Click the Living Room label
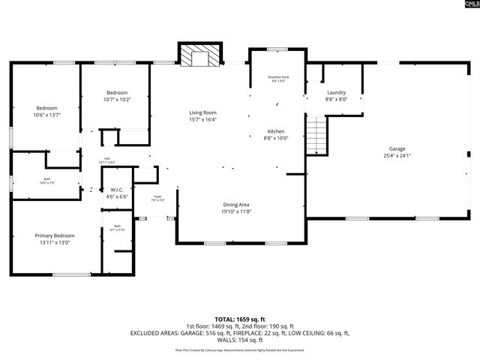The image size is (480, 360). (202, 112)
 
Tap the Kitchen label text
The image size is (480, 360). (275, 131)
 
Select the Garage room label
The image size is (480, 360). (397, 148)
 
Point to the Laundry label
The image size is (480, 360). (335, 92)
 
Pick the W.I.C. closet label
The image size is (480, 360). (116, 189)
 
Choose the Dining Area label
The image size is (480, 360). (235, 205)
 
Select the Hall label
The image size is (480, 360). (106, 158)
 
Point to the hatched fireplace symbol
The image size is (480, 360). (200, 58)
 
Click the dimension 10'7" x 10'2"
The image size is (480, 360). (117, 99)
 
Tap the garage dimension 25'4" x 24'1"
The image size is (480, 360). (397, 156)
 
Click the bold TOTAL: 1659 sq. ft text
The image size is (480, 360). (240, 319)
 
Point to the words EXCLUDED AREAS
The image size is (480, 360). (154, 332)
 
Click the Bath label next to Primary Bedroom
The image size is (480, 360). (117, 226)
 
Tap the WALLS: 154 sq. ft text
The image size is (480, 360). (240, 339)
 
